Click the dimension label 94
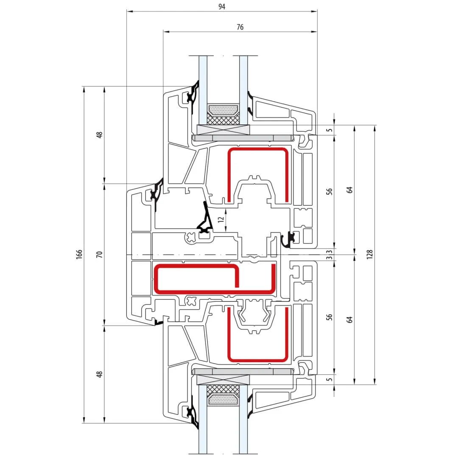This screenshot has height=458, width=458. click(x=222, y=6)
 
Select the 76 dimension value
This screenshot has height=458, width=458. click(x=240, y=27)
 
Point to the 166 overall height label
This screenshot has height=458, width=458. click(x=79, y=254)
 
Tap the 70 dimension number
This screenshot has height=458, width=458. click(x=100, y=254)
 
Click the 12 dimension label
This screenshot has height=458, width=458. click(x=221, y=219)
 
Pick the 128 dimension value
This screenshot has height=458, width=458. click(x=370, y=254)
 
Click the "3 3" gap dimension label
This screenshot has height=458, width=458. click(x=330, y=254)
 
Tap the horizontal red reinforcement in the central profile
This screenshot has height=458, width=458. click(x=215, y=279)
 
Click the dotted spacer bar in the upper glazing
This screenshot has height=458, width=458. click(x=223, y=110)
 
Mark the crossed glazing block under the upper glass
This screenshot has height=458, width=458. click(x=223, y=129)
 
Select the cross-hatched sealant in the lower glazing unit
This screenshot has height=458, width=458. click(x=223, y=390)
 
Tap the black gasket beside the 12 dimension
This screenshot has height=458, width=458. click(x=206, y=219)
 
